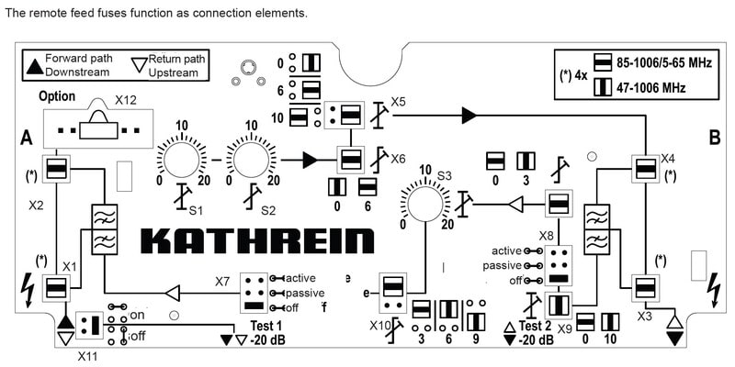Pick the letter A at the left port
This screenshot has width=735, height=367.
pos(28,138)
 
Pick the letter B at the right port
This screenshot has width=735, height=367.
pos(714,138)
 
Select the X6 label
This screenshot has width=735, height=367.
pos(397,159)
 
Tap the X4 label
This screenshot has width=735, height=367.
pos(667,158)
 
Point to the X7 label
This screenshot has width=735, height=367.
pos(222,281)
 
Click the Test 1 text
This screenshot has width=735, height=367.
pos(266,326)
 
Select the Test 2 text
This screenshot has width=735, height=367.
pos(536,326)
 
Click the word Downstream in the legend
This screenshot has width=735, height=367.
pos(77,71)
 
